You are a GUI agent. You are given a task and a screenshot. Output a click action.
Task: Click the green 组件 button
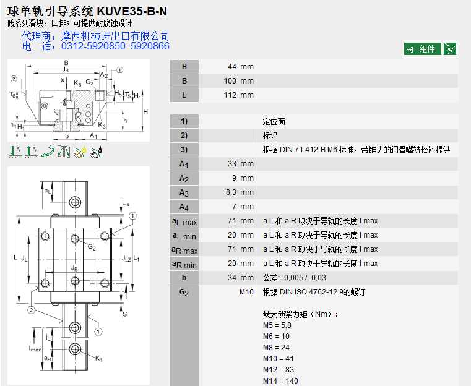pyautogui.click(x=422, y=49)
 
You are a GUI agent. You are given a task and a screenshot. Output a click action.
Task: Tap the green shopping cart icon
pyautogui.click(x=450, y=49)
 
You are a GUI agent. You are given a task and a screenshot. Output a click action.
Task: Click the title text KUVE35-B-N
pyautogui.click(x=132, y=11)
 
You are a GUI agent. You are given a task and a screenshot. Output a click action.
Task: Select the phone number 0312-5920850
pyautogui.click(x=93, y=46)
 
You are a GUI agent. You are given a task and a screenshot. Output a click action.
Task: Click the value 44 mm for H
pyautogui.click(x=241, y=67)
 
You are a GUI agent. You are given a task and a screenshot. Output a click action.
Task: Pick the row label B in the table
pyautogui.click(x=184, y=81)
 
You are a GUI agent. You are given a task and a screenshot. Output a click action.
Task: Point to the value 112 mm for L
pyautogui.click(x=238, y=95)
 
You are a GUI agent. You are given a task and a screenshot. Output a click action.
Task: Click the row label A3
pyautogui.click(x=184, y=193)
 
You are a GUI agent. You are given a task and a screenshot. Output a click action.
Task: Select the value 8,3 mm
pyautogui.click(x=240, y=192)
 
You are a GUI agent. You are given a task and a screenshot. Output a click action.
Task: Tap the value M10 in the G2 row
pyautogui.click(x=246, y=292)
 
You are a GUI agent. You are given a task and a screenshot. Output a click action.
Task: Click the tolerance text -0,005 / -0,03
pyautogui.click(x=304, y=278)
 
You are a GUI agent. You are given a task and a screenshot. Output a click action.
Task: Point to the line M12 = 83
pyautogui.click(x=279, y=369)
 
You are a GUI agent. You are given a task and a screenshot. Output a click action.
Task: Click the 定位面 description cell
pyautogui.click(x=274, y=122)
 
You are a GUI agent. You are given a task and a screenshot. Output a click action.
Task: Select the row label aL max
pyautogui.click(x=184, y=222)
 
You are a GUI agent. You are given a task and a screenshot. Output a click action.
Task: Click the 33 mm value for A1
pyautogui.click(x=241, y=164)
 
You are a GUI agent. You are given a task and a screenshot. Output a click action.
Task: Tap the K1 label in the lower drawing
pyautogui.click(x=99, y=358)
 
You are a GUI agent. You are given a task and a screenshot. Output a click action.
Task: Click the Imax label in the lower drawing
pyautogui.click(x=35, y=349)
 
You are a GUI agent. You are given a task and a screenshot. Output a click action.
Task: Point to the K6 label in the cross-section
pyautogui.click(x=77, y=84)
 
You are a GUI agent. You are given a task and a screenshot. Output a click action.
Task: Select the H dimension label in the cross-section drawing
pyautogui.click(x=145, y=112)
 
